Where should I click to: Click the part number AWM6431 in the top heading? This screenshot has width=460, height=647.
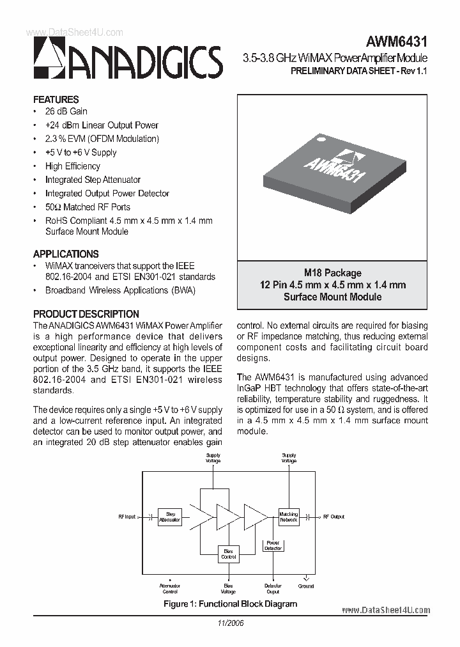coord(396,42)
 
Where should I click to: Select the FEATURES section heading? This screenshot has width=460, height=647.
coord(56,100)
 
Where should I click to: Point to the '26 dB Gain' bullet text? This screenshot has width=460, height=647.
coord(66,111)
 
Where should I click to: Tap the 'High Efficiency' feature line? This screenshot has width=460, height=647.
coord(73,166)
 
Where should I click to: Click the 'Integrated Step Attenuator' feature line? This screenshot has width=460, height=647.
coord(93,180)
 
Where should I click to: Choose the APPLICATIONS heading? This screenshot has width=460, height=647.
coord(66,254)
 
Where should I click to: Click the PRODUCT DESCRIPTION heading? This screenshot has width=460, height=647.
coord(86,314)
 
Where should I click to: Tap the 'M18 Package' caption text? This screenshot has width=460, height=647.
coord(332,273)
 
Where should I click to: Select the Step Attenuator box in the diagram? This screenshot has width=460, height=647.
coord(171,517)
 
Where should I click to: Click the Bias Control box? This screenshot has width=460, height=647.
coord(228,554)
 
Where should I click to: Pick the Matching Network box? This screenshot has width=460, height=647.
coord(288,517)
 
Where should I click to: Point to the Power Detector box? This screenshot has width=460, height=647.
coord(273,545)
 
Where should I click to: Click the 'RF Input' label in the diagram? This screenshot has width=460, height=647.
coord(127,517)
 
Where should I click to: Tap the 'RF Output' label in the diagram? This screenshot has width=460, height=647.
coord(333,517)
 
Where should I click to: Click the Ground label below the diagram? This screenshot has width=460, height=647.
coord(306,586)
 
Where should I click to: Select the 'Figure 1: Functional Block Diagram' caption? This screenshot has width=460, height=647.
coord(230,604)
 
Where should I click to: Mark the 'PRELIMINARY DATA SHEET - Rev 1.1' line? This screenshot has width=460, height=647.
coord(358,72)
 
